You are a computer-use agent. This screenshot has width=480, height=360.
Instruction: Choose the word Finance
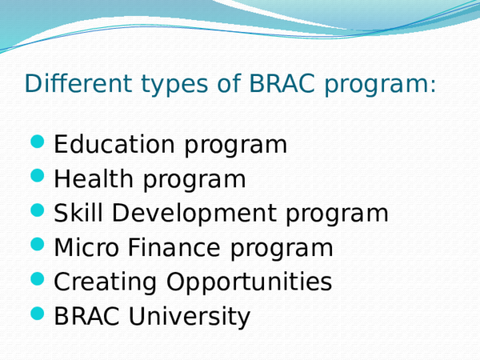click(177, 248)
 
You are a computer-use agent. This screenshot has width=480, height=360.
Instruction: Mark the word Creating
click(105, 282)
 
